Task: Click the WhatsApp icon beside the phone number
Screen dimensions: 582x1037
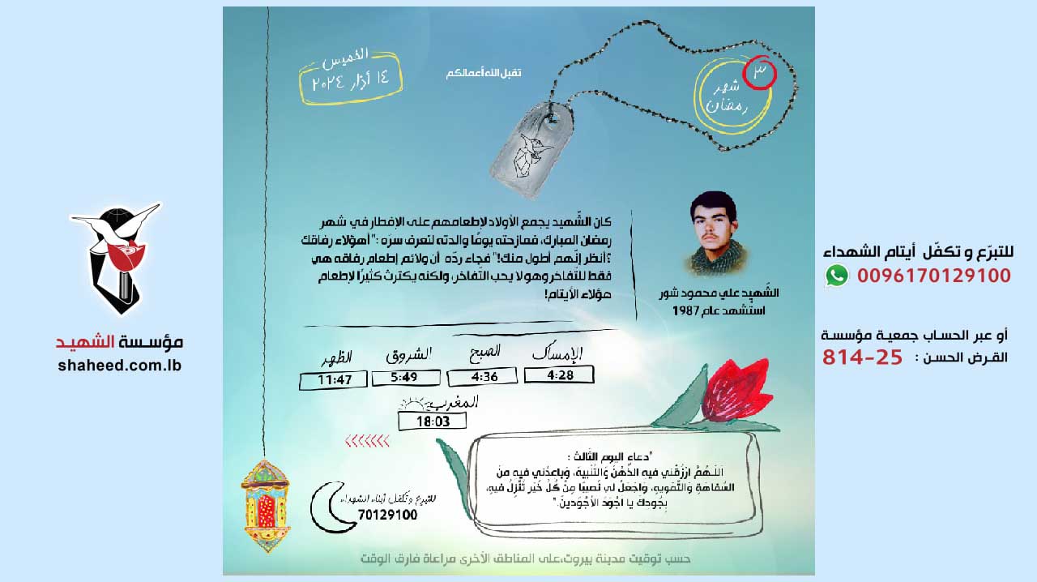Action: point(837,276)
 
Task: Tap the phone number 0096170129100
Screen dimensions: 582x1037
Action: point(934,276)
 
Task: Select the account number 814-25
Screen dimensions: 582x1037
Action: point(862,357)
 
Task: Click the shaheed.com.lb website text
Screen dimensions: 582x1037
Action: point(119,365)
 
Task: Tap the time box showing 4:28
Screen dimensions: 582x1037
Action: point(559,374)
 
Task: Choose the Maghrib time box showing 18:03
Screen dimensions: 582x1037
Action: point(433,422)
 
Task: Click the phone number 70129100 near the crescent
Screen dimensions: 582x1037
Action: point(387,515)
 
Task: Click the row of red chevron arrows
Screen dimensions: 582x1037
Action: point(367,442)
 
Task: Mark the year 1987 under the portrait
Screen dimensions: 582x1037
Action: point(752,310)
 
